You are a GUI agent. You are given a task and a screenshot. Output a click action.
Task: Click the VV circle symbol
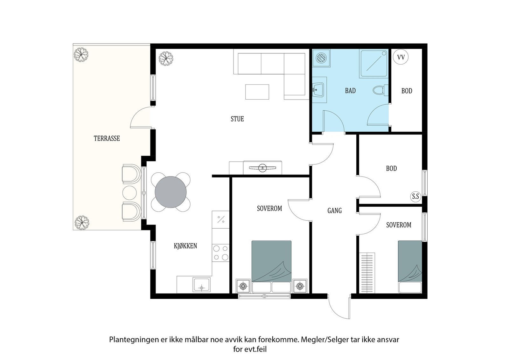click(x=401, y=57)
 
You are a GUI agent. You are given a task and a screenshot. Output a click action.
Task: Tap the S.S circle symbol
click(x=415, y=196)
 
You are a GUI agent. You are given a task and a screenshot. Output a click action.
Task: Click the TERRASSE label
click(x=107, y=138)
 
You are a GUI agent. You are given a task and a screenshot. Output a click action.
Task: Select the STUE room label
click(x=237, y=119)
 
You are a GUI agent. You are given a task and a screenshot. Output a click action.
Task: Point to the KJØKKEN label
click(x=185, y=246)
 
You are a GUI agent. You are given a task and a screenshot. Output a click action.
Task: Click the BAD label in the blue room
click(x=350, y=91)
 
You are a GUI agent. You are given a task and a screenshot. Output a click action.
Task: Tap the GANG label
click(x=334, y=211)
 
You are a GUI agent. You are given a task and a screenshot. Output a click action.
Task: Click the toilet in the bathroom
click(x=380, y=90)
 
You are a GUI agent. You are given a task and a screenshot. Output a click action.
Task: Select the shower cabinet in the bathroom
click(x=374, y=64)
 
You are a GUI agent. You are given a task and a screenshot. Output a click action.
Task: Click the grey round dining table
click(x=171, y=192)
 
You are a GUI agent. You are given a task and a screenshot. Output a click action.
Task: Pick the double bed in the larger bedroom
click(x=271, y=267)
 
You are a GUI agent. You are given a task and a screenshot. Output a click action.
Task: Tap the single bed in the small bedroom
click(x=410, y=267)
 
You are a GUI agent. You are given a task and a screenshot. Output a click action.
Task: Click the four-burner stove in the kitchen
click(x=221, y=253)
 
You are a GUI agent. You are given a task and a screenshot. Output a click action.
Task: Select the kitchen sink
click(x=201, y=284)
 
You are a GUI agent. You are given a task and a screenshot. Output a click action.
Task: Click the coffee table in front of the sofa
click(x=257, y=92)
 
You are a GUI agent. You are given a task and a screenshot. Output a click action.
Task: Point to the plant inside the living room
click(x=166, y=59)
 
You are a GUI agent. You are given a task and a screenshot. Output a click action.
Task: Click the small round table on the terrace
click(x=129, y=193)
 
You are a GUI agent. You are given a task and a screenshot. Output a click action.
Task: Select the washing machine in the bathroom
click(x=321, y=59)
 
